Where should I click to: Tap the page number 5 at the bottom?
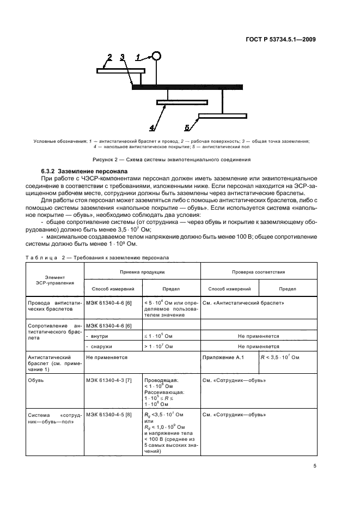pyautogui.click(x=315, y=466)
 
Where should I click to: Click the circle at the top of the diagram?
pyautogui.click(x=156, y=56)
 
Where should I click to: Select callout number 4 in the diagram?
pyautogui.click(x=152, y=128)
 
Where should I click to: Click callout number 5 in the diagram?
pyautogui.click(x=187, y=128)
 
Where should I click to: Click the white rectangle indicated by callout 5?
pyautogui.click(x=222, y=116)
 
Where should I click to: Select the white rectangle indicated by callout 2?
pyautogui.click(x=120, y=70)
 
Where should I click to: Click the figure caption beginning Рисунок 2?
pyautogui.click(x=172, y=160)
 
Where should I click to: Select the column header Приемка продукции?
pyautogui.click(x=143, y=271)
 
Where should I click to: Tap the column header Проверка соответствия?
pyautogui.click(x=259, y=271)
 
